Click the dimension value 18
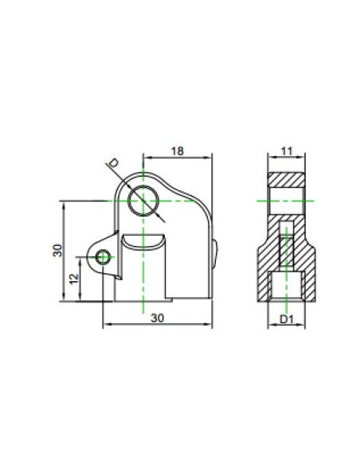coord(178,151)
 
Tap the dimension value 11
coord(287,151)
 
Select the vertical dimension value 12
coord(74,279)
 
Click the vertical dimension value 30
coord(57,250)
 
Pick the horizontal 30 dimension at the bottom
coord(157,318)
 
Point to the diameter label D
coord(113,162)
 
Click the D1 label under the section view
coord(287,319)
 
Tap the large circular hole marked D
coord(143,201)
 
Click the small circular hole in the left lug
coord(103,257)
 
